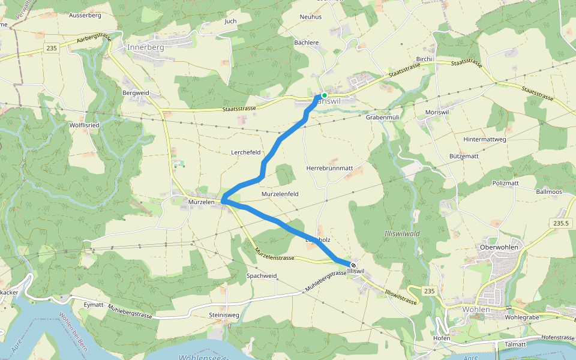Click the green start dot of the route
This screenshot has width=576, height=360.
(x=324, y=95)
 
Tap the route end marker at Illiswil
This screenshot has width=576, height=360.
(x=353, y=265)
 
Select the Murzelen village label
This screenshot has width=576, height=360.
(x=201, y=203)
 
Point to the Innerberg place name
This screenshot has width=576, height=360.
(x=145, y=47)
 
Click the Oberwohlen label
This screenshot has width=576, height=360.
(x=499, y=247)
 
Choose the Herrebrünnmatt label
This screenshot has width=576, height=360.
(x=329, y=169)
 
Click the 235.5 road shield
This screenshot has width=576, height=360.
(x=559, y=223)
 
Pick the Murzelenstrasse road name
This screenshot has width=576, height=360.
(x=274, y=254)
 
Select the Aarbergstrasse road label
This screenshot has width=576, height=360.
(x=95, y=41)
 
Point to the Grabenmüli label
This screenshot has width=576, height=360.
(x=382, y=118)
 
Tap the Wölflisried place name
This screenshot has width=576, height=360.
(x=85, y=125)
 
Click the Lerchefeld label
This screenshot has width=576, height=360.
(x=246, y=152)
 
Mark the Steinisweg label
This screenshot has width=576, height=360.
(x=224, y=315)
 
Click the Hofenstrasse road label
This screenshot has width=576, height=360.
(x=557, y=338)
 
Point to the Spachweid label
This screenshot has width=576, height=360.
(x=262, y=276)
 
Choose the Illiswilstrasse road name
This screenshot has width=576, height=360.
(x=401, y=296)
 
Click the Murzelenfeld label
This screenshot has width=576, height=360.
(x=280, y=194)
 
